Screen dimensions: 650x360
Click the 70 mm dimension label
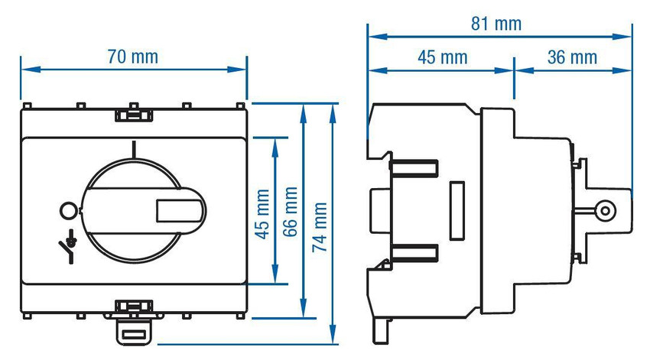click(x=132, y=57)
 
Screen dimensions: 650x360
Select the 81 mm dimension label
click(x=496, y=24)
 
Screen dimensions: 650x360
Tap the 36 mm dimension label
click(x=572, y=57)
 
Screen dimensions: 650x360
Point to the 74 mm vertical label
click(x=320, y=227)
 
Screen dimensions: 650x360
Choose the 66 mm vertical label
click(x=290, y=212)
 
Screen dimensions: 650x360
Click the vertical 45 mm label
click(x=262, y=214)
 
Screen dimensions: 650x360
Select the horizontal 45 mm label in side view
click(x=442, y=57)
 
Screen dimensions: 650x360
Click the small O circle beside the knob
click(x=68, y=210)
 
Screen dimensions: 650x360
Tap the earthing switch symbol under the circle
click(x=68, y=246)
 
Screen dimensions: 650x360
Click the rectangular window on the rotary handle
click(x=180, y=211)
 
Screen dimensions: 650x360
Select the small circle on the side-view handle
click(x=605, y=211)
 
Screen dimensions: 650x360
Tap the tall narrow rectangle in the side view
click(x=457, y=210)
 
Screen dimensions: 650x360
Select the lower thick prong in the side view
click(x=413, y=253)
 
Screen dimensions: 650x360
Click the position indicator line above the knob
click(x=134, y=149)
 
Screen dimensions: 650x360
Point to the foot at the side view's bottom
click(x=381, y=330)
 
